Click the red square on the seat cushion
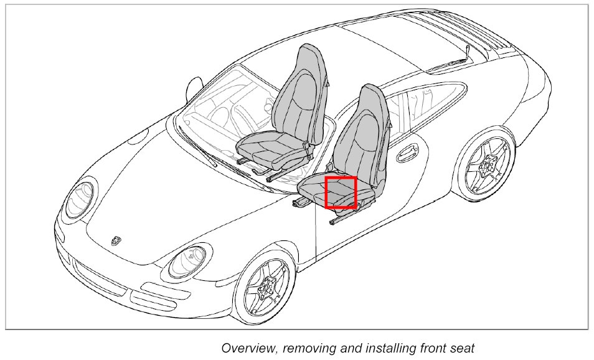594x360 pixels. (x=340, y=192)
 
